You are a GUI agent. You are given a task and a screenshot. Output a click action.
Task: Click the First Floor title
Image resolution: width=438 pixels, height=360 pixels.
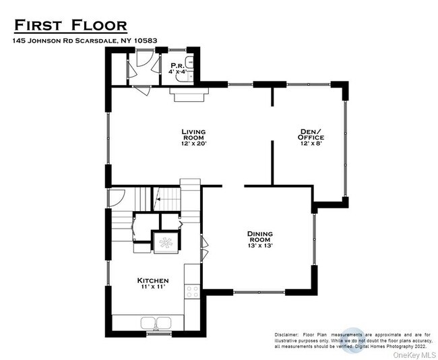70,26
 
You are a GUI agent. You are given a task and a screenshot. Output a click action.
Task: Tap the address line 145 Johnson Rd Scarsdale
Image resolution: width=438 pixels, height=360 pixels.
85,40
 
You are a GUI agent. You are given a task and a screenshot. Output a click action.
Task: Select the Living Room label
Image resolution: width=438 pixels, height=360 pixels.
193,134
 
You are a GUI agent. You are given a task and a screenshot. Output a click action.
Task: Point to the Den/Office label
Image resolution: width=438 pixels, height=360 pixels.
312,134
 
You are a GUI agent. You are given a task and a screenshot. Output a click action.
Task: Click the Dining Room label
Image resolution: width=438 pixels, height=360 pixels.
259,237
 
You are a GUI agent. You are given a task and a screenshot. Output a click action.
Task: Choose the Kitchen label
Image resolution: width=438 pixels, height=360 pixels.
153,280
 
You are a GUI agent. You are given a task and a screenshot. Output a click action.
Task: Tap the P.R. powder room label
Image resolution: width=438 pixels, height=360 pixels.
178,65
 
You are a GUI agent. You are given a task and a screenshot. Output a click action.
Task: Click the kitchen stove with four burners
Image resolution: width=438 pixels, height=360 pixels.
193,291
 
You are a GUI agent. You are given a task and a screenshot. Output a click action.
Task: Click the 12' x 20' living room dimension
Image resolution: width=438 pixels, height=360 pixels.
193,143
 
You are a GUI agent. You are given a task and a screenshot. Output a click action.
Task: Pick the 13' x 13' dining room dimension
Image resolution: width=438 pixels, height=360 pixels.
259,245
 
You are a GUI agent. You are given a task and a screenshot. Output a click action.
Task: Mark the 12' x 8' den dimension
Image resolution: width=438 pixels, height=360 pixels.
312,143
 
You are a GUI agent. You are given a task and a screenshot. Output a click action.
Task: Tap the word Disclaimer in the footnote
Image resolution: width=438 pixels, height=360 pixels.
288,335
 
